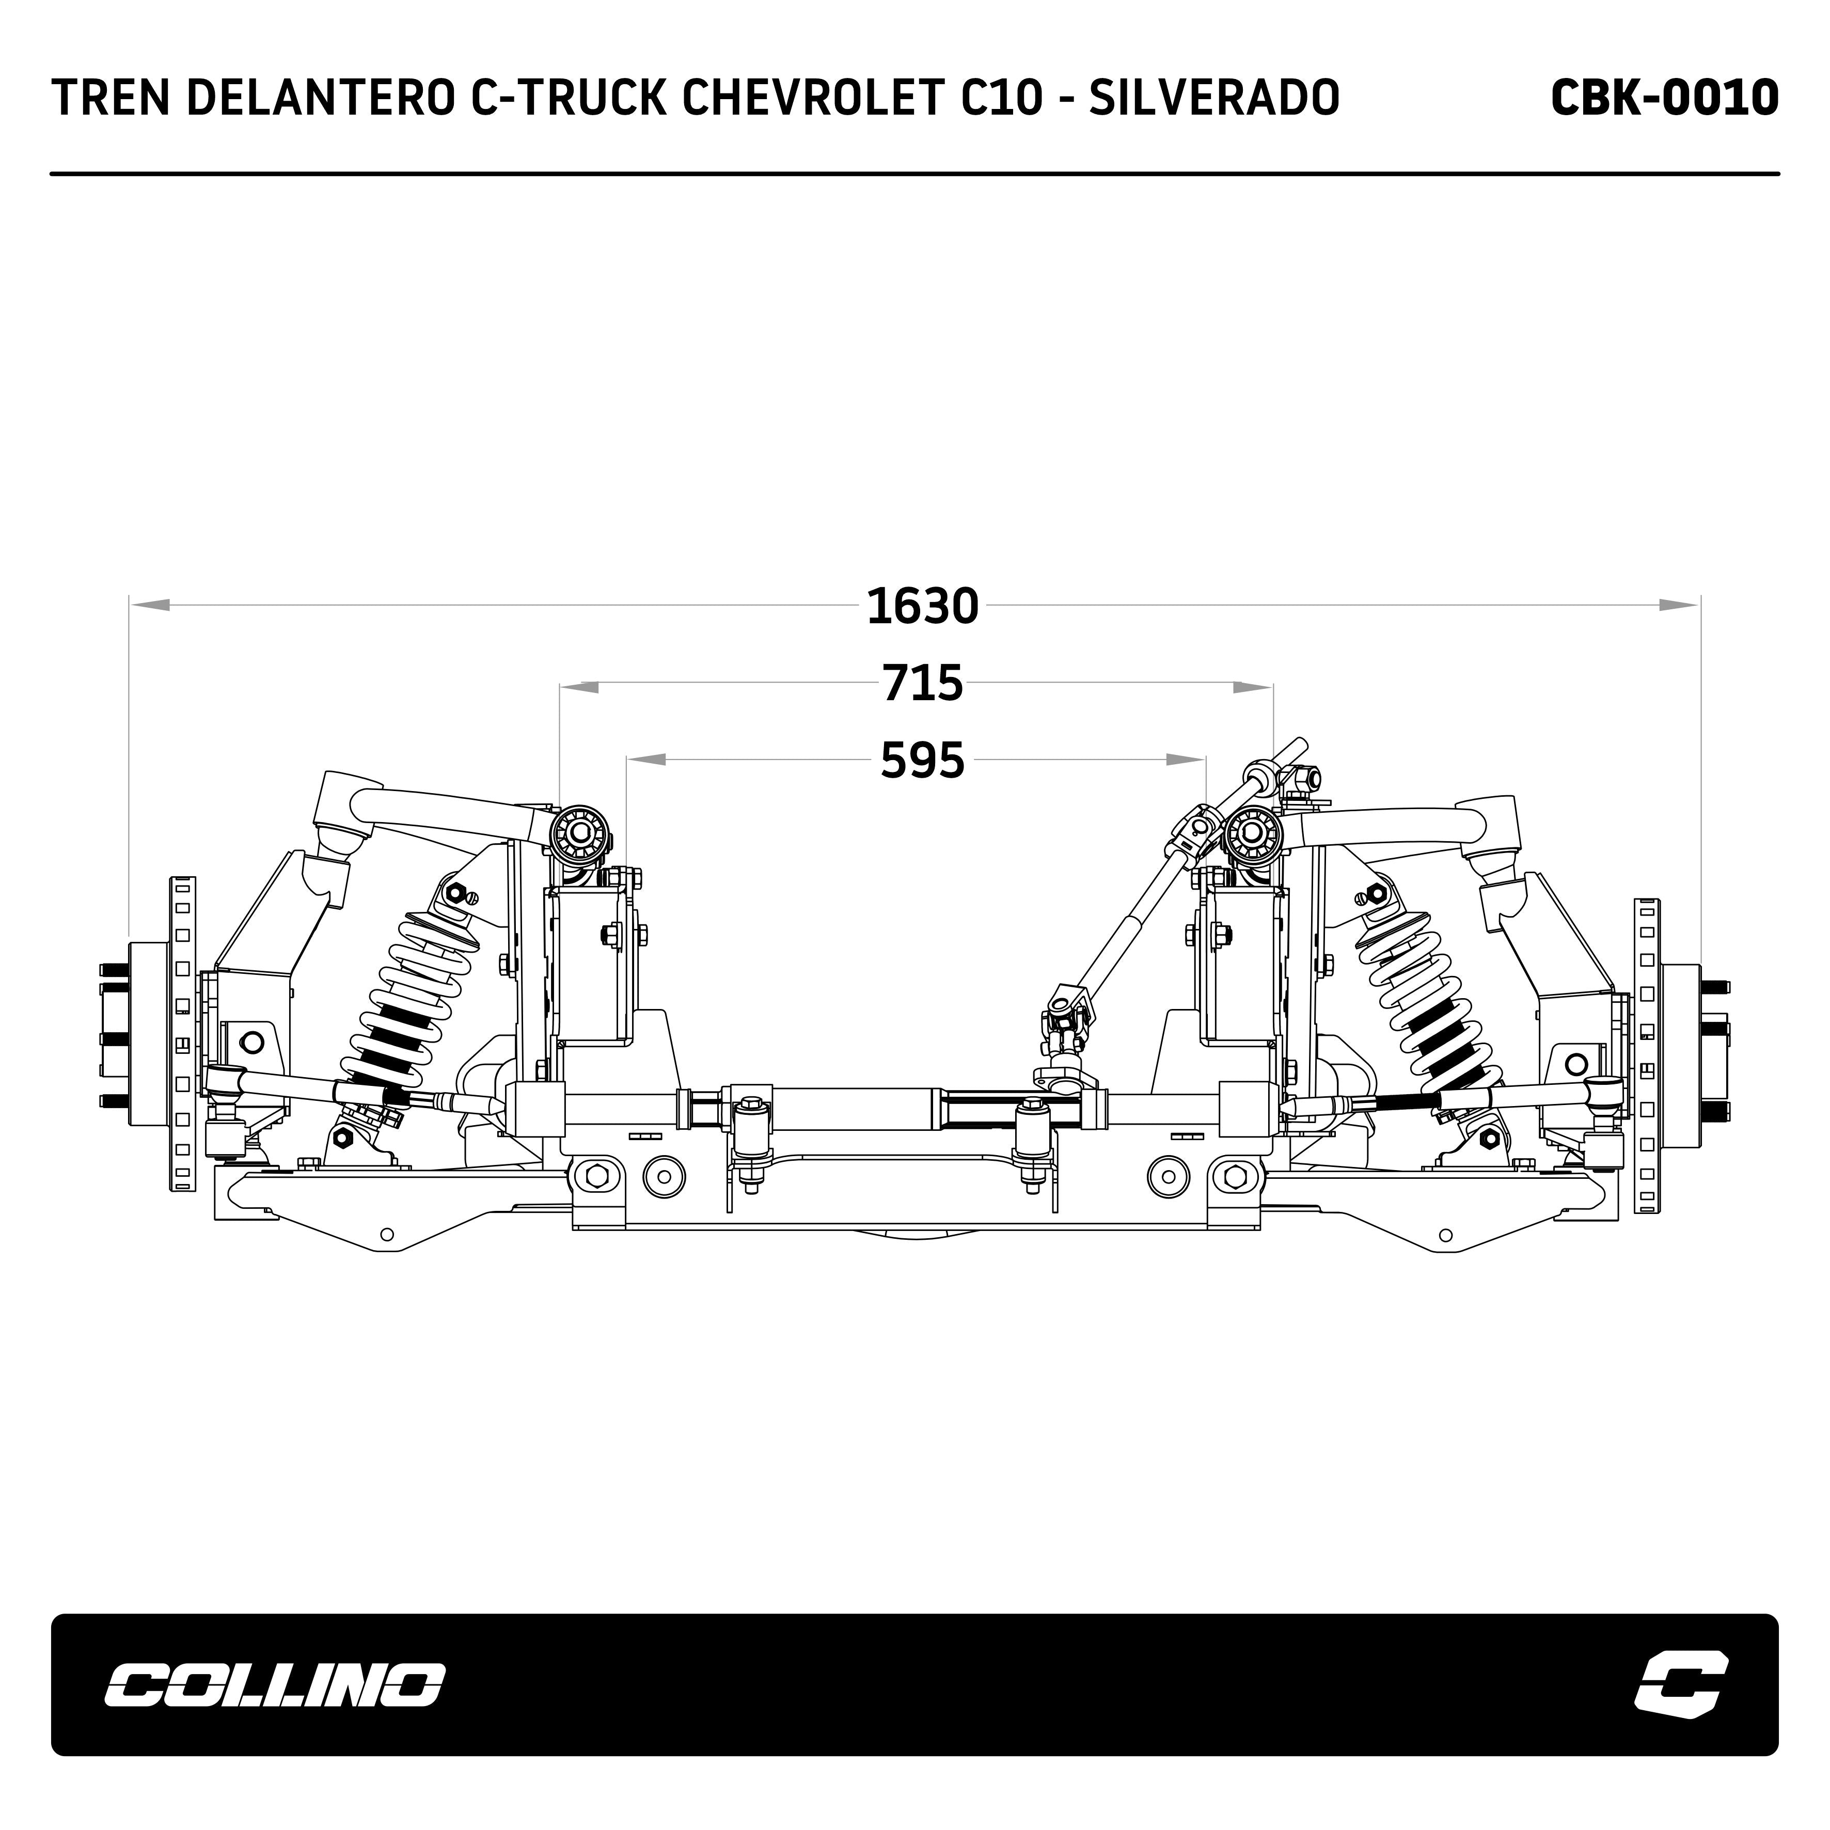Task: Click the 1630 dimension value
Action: [922, 606]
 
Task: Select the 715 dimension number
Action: [922, 684]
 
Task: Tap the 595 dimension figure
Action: [922, 761]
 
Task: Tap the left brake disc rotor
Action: [183, 1034]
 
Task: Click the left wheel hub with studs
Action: [142, 1034]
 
